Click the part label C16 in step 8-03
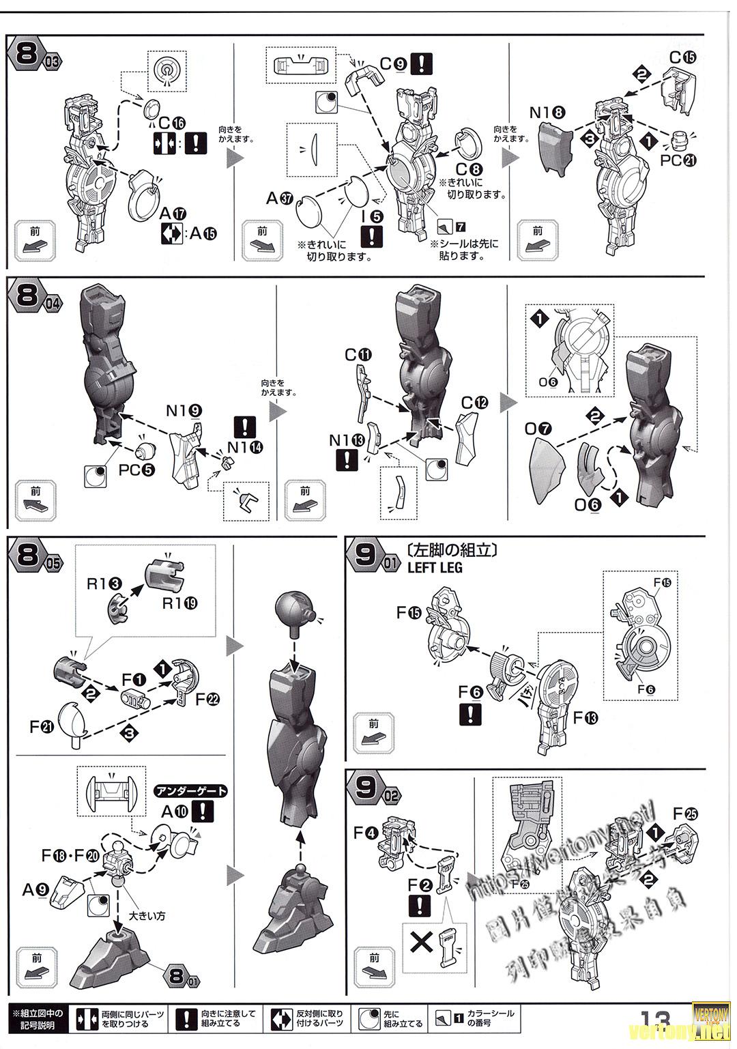coord(171,124)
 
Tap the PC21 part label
coord(680,160)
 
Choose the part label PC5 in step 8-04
coord(137,470)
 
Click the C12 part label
coord(474,403)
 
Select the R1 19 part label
coord(179,603)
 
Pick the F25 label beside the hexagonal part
coord(685,814)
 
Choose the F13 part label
coord(586,717)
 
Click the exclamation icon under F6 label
coord(471,715)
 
